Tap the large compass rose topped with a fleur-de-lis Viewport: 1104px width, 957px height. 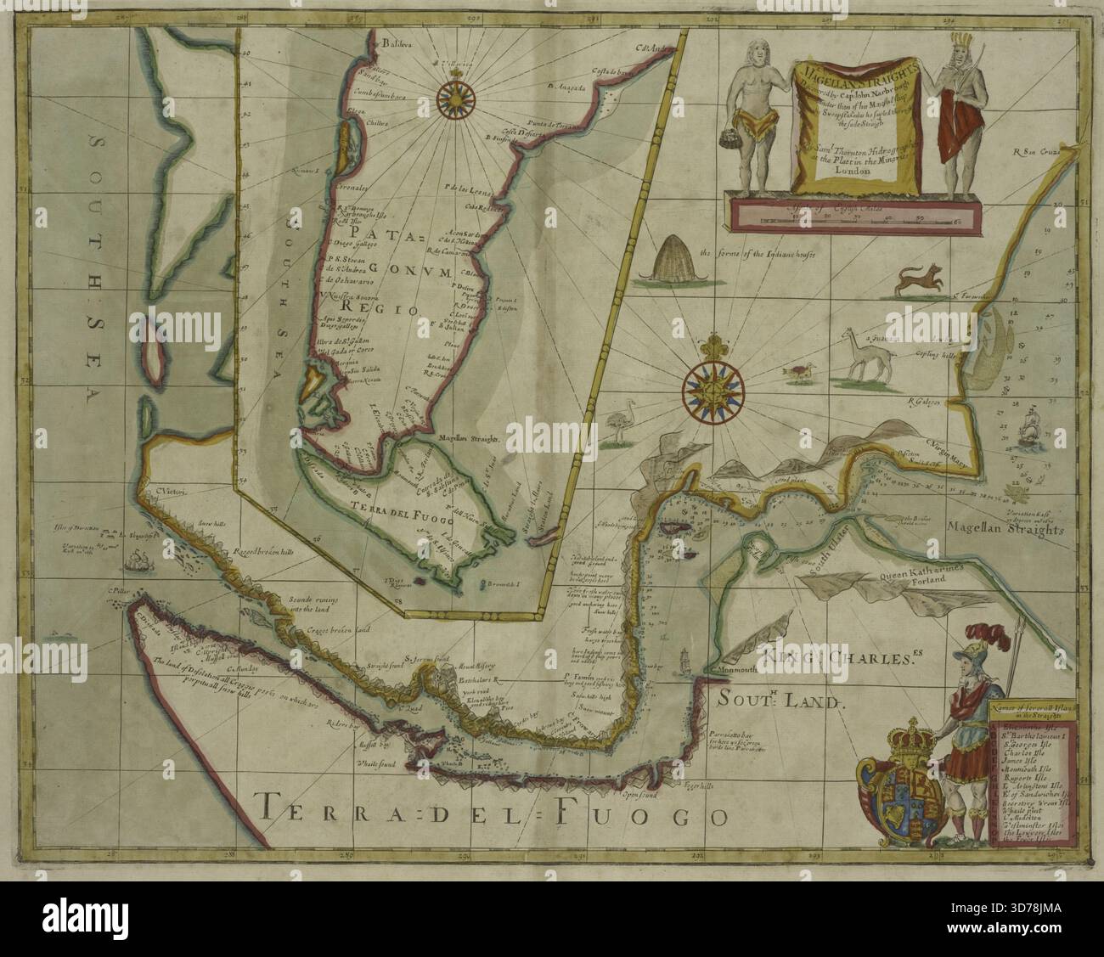(713, 385)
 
